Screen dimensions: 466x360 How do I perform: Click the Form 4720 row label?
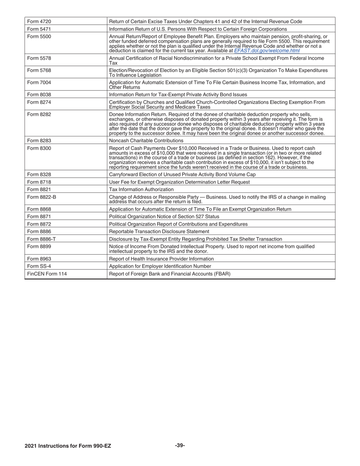click(x=39, y=21)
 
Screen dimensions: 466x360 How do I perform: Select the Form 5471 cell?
click(x=39, y=29)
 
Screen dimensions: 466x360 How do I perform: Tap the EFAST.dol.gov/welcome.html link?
click(x=267, y=50)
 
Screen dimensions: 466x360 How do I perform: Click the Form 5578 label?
click(x=39, y=58)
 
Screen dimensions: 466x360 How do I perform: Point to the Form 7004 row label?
click(x=39, y=82)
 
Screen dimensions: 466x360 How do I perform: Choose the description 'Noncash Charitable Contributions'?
click(x=146, y=140)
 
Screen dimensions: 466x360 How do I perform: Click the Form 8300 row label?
click(x=39, y=148)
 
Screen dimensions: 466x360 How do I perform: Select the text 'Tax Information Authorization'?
click(x=141, y=189)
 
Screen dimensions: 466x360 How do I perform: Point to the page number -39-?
click(x=180, y=446)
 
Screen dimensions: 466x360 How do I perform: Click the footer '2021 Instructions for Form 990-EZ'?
click(x=68, y=446)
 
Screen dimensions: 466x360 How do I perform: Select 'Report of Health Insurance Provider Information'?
click(x=161, y=258)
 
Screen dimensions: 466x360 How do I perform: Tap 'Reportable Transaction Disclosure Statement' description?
click(x=159, y=231)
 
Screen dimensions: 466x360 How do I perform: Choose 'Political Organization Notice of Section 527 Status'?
click(x=164, y=216)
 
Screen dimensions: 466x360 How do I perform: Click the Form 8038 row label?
click(x=39, y=94)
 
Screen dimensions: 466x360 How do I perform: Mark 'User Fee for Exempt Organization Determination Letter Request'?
click(x=179, y=182)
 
